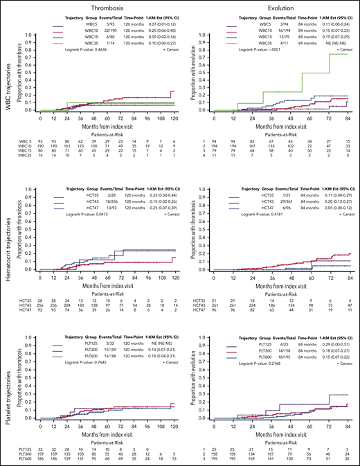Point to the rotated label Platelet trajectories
(7, 388)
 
